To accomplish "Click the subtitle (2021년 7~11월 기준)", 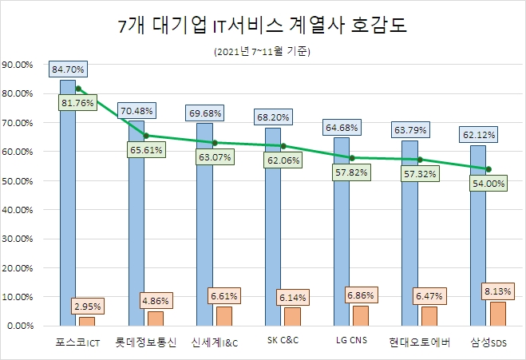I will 262,53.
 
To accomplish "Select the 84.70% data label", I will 68,70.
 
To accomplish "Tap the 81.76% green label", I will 77,103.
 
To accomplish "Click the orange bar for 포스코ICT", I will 86,321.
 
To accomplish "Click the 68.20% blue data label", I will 273,117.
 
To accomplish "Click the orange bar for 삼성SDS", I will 497,314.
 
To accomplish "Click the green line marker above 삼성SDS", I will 488,168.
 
